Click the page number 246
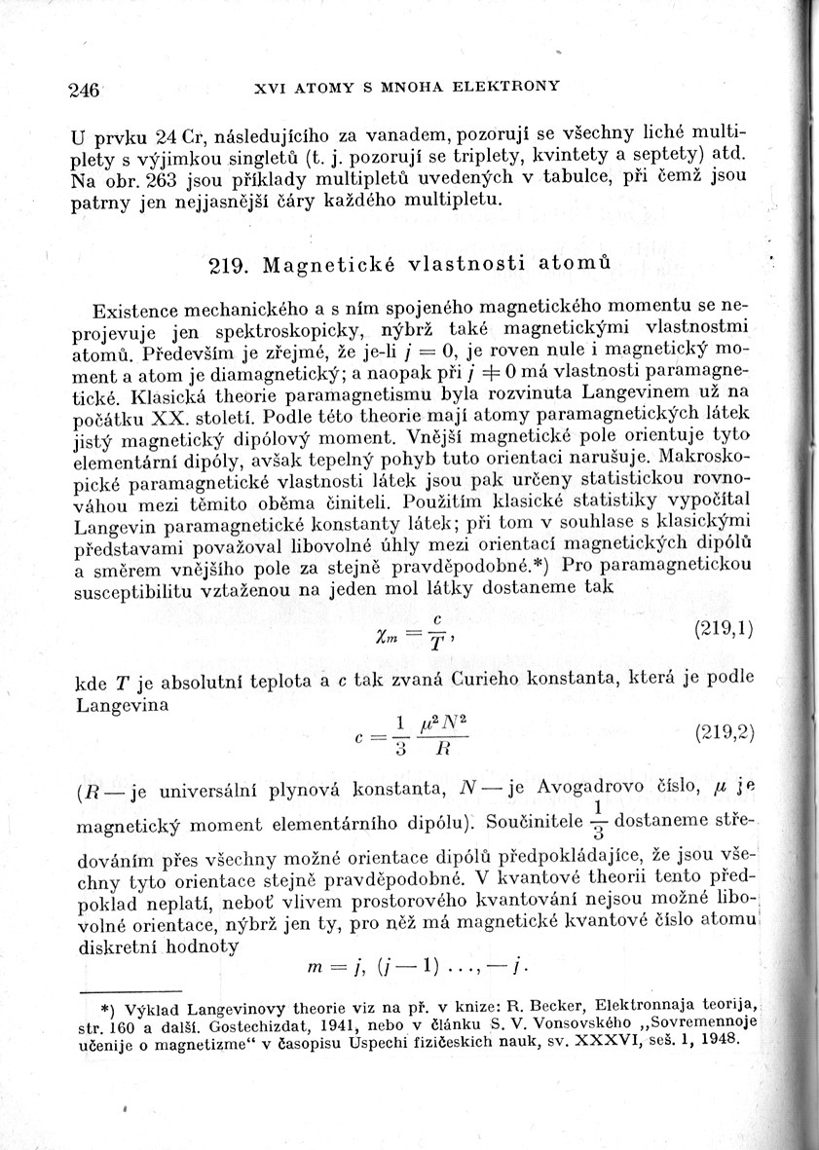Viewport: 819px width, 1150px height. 86,91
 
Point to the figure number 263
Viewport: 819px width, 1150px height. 160,181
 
